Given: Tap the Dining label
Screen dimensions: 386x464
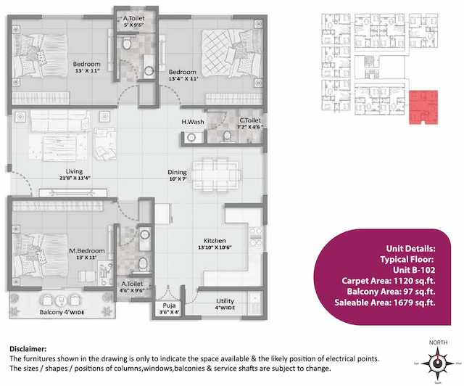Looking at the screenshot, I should point(177,172).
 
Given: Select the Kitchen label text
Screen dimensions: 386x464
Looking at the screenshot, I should point(215,240).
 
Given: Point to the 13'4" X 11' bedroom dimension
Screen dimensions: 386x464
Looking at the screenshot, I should point(183,80).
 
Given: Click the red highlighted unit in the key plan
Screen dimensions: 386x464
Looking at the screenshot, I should point(423,107).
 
